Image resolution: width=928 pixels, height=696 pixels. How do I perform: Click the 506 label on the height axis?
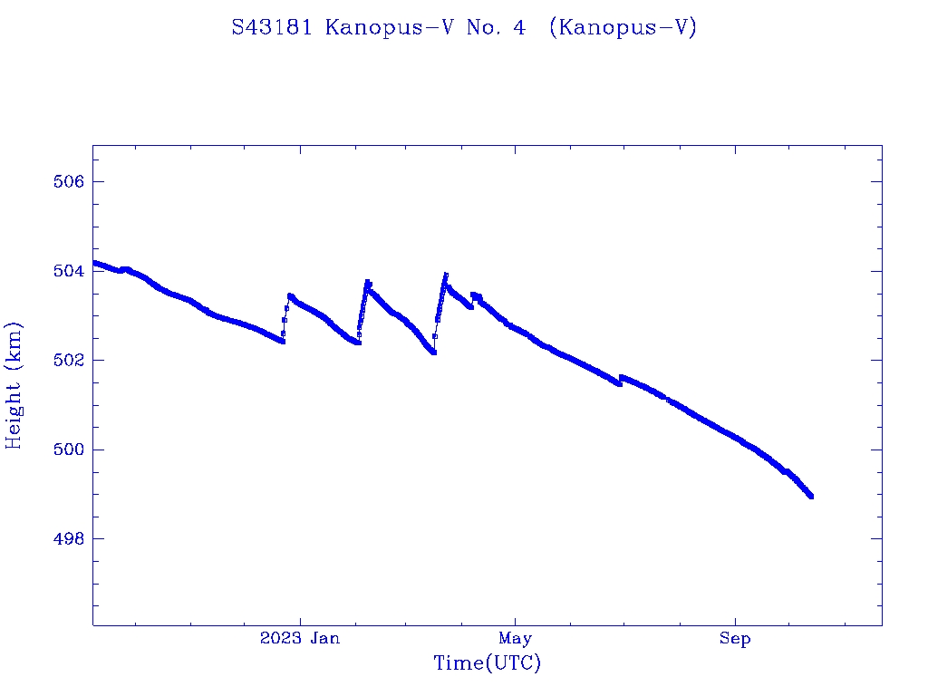click(69, 182)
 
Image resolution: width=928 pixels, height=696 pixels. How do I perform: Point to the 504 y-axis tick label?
click(69, 271)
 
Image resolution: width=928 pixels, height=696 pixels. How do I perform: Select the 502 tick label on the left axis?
click(69, 361)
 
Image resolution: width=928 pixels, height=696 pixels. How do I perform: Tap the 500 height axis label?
click(69, 449)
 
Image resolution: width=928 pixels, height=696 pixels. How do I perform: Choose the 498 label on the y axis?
click(69, 539)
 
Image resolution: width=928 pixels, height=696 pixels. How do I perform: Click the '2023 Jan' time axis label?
click(300, 639)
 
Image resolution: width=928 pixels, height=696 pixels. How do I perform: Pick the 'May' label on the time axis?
click(515, 639)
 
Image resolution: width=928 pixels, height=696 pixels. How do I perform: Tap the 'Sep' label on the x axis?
click(735, 639)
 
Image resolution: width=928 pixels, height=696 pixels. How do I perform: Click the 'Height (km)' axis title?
click(14, 385)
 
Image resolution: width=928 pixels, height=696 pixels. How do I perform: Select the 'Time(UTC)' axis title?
click(487, 663)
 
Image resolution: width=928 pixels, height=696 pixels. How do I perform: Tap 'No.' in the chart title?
click(481, 27)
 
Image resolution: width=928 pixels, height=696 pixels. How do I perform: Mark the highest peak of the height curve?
click(446, 275)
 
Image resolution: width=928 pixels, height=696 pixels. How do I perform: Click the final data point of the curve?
click(811, 497)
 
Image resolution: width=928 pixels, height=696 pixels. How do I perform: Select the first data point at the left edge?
click(94, 262)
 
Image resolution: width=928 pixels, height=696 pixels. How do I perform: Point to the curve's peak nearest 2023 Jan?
click(290, 295)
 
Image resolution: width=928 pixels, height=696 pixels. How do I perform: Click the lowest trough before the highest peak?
click(434, 353)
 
